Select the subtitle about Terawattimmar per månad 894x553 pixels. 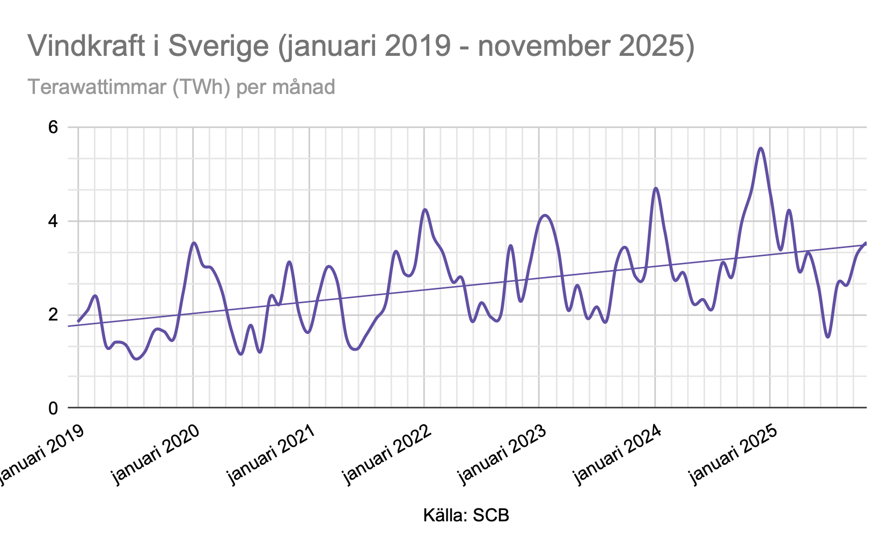click(x=181, y=86)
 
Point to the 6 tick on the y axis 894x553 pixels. click(x=53, y=128)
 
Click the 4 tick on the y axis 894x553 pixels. click(x=53, y=221)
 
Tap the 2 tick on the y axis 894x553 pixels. click(x=53, y=315)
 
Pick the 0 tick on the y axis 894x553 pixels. click(x=53, y=408)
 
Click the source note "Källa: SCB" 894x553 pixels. click(x=466, y=516)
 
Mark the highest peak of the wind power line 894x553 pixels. click(x=761, y=148)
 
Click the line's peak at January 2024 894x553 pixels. click(x=656, y=188)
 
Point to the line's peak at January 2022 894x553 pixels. click(x=425, y=209)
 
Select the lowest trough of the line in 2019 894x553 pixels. click(x=136, y=359)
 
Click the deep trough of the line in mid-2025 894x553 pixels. click(x=829, y=337)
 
